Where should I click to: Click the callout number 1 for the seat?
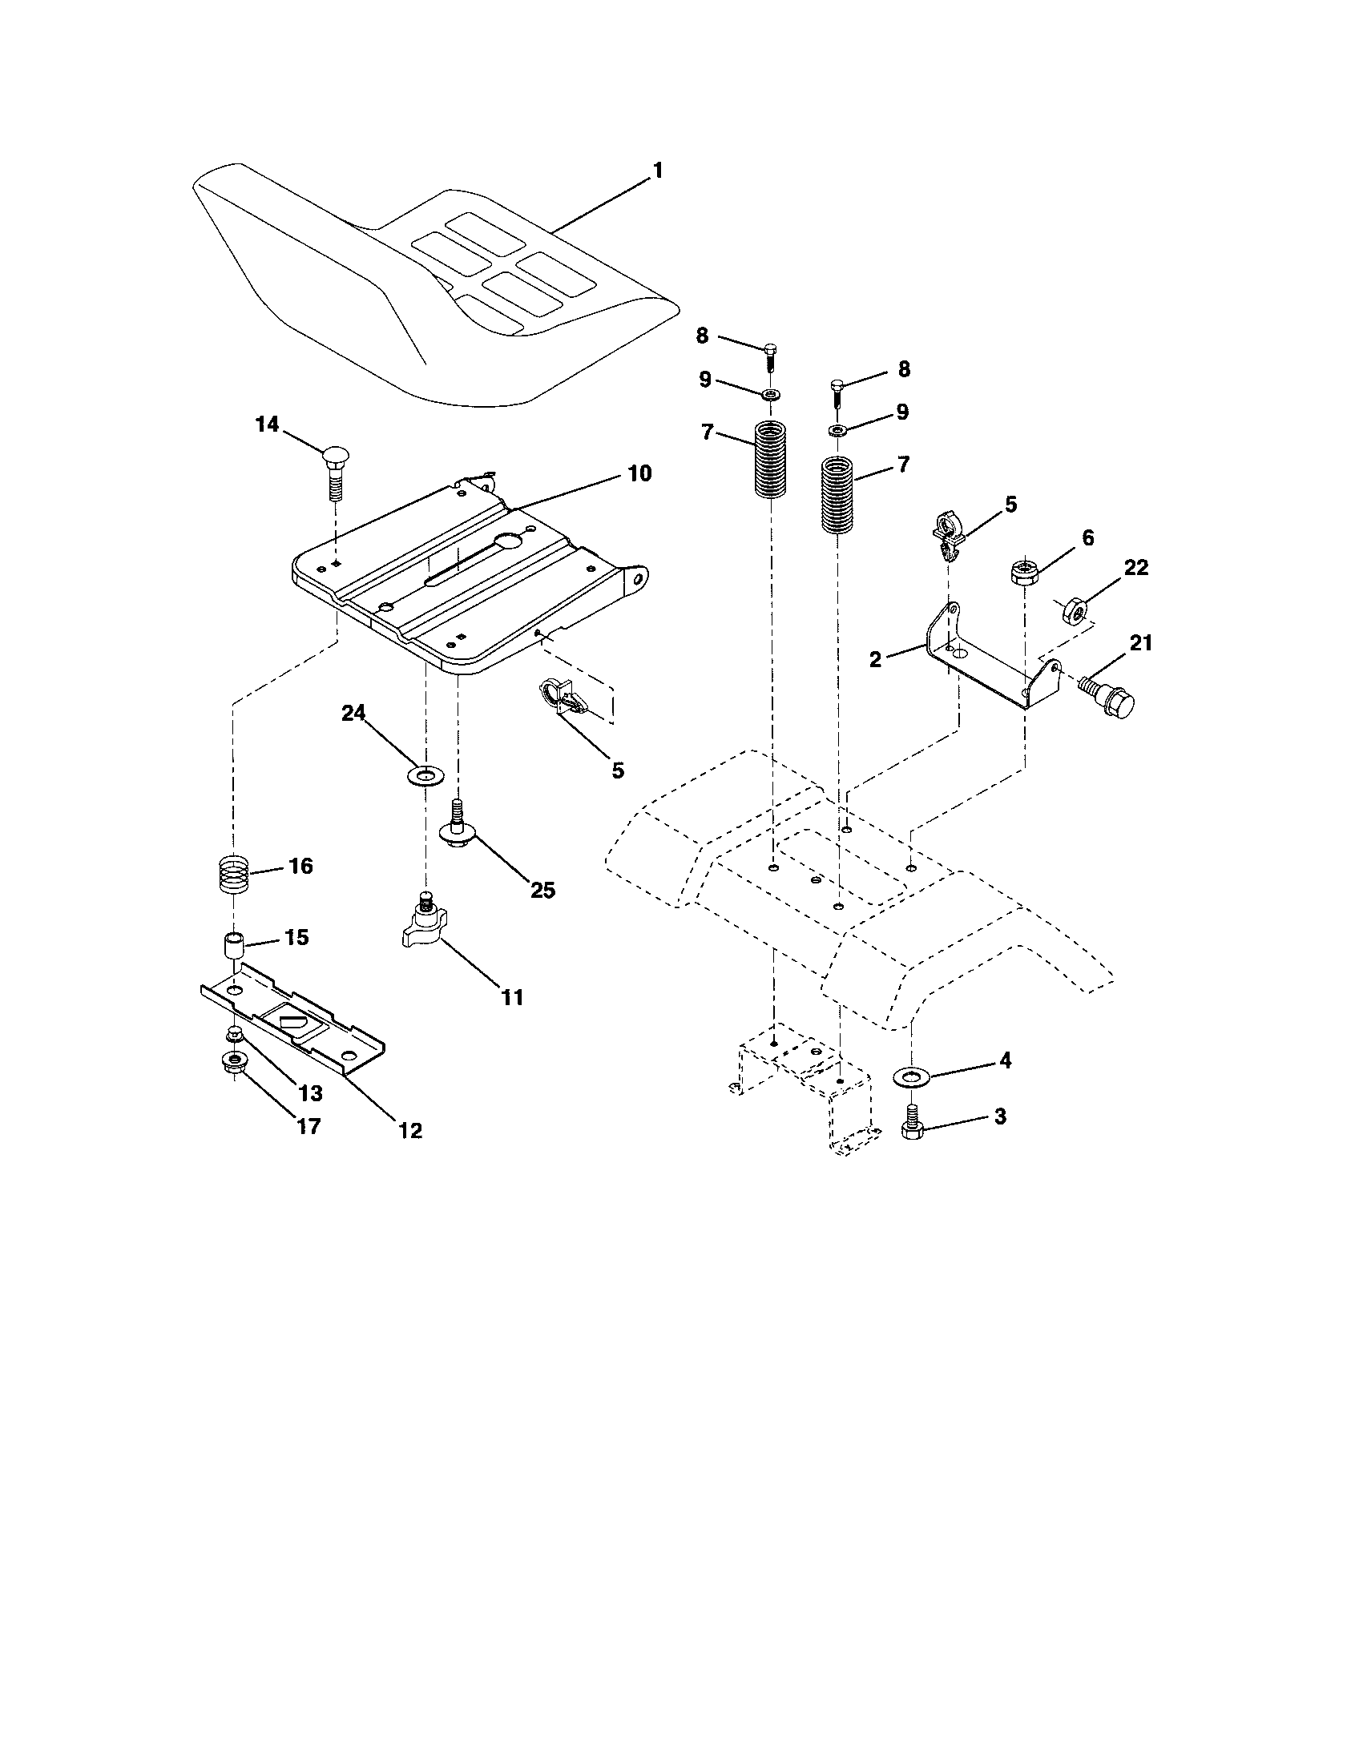point(657,171)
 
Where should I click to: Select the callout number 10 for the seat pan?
point(639,473)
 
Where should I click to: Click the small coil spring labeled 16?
point(233,872)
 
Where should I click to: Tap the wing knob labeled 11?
point(424,923)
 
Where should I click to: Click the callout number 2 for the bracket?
point(876,659)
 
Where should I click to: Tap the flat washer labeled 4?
point(911,1076)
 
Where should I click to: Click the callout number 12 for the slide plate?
point(410,1130)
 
